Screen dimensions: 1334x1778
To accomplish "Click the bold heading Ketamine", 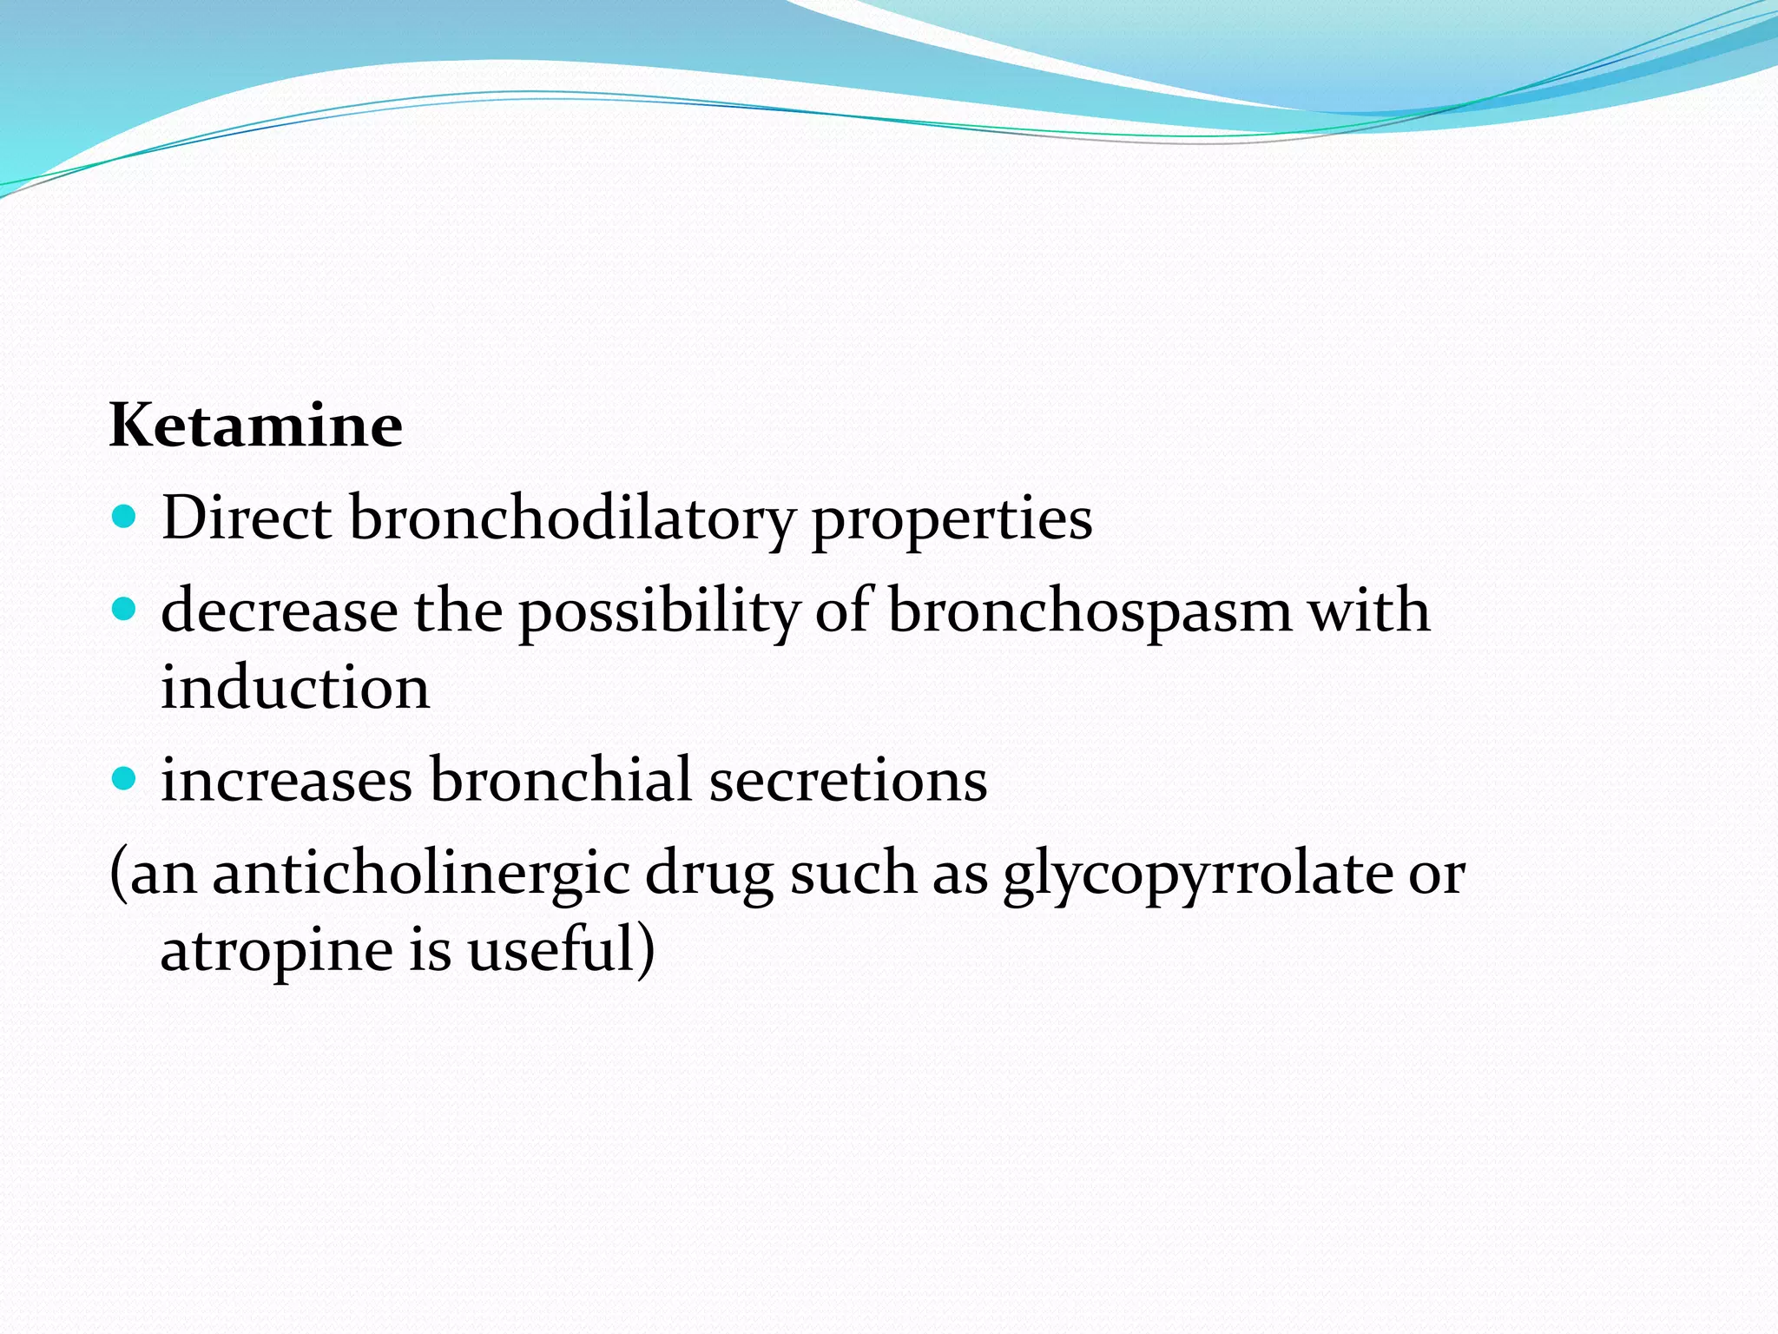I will coord(256,426).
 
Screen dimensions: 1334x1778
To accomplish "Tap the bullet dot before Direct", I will coord(125,518).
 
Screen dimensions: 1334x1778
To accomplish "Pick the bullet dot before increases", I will coord(125,779).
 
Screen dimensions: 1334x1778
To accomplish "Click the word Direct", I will coord(247,518).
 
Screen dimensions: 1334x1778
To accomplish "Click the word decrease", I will coord(280,611).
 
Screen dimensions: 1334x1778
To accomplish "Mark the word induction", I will coord(295,688).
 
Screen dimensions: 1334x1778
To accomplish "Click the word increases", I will coord(286,780).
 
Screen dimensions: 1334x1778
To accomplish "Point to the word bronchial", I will coord(561,779).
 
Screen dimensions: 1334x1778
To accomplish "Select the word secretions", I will coord(848,780).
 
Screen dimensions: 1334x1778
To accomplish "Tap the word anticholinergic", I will coord(421,874).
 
